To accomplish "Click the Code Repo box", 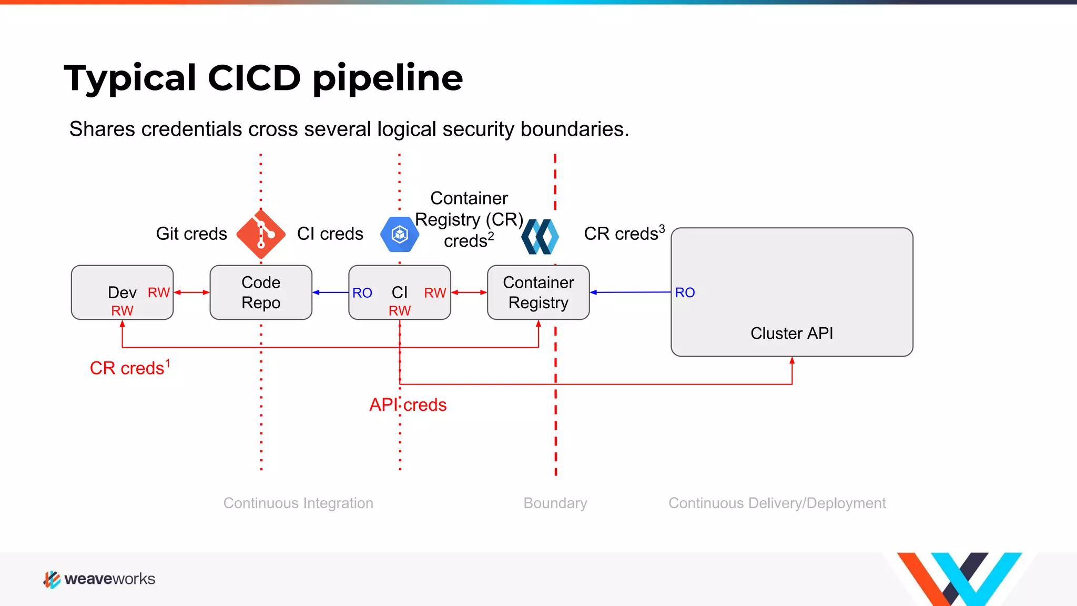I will (261, 292).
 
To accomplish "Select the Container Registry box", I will (538, 292).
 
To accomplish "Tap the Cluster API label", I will (791, 333).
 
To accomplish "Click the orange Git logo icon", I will (261, 234).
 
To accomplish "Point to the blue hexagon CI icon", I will (400, 234).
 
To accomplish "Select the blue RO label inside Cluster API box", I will (685, 292).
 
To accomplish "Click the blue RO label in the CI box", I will (362, 293).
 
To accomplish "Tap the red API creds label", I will (408, 405).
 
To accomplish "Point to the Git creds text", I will (191, 234).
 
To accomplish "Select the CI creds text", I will (330, 234).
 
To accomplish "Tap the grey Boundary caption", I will (555, 503).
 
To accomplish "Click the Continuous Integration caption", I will (298, 503).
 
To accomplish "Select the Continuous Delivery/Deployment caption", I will (777, 503).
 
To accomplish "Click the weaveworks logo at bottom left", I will (99, 579).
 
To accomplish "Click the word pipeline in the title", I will (388, 78).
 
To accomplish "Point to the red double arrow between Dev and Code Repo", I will (191, 292).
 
